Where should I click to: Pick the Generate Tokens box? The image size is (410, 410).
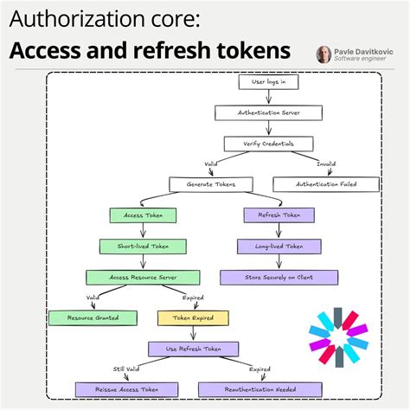point(210,183)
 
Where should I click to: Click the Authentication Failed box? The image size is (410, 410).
point(326,183)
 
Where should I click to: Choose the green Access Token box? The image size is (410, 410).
point(143,215)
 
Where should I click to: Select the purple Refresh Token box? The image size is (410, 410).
point(279,215)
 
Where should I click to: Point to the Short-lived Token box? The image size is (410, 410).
point(143,247)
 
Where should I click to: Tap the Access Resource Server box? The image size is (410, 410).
point(143,278)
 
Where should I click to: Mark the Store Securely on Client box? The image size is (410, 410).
point(279,278)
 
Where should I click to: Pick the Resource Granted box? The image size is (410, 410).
point(84,317)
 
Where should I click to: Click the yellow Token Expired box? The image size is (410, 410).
point(193,317)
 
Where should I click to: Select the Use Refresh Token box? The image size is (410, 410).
point(193,349)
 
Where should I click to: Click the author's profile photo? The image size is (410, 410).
point(324,54)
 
